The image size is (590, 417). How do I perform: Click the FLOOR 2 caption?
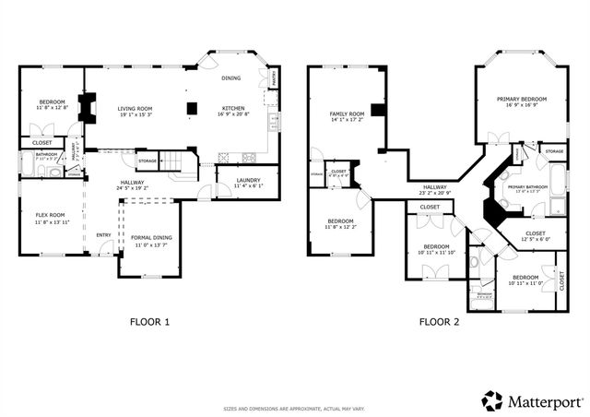439,322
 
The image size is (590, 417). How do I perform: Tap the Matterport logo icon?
492,400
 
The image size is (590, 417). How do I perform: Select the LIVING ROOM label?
135,109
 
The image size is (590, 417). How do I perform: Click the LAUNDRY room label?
248,180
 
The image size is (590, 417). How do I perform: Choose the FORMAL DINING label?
152,239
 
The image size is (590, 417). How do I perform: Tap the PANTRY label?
274,84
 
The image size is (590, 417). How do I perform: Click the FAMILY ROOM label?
348,113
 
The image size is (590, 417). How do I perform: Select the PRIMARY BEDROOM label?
522,99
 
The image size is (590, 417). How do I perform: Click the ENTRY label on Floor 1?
103,235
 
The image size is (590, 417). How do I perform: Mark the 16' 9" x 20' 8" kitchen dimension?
232,114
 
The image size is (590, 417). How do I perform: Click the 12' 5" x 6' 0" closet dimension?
536,239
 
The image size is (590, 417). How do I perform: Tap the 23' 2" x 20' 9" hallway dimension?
435,193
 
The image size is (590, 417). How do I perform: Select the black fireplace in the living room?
88,108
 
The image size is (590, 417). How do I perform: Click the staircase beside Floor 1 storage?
180,164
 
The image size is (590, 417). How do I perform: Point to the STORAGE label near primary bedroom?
554,151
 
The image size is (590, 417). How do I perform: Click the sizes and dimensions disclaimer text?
293,408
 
